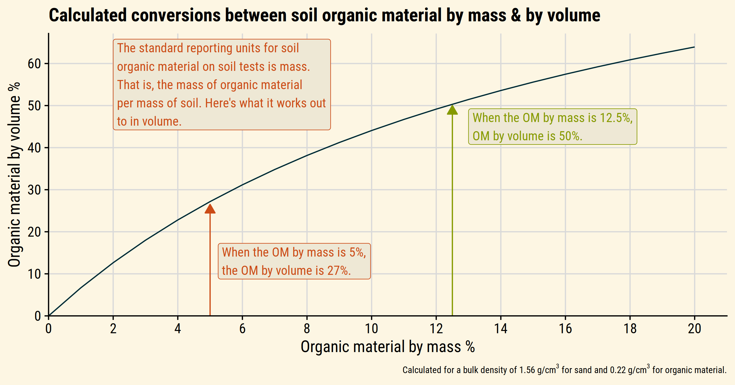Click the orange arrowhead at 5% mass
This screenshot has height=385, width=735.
[x=210, y=208]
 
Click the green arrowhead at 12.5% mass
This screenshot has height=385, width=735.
[x=452, y=110]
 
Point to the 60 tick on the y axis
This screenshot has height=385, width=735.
[x=34, y=64]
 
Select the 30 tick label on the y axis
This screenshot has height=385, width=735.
[x=34, y=190]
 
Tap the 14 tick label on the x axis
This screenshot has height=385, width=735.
[x=501, y=329]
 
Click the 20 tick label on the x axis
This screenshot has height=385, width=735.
[x=694, y=329]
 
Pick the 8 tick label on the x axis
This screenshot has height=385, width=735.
[x=307, y=329]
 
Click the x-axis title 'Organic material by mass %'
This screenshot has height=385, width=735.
[x=388, y=347]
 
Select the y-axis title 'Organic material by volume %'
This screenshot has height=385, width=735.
[x=14, y=175]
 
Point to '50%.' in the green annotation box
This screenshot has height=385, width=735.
[x=570, y=136]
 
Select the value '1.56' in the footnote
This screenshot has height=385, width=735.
[x=527, y=370]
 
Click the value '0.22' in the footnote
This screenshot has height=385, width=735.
[x=618, y=370]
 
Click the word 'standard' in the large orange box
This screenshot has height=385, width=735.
[x=161, y=48]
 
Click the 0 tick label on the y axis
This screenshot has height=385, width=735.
[x=38, y=316]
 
